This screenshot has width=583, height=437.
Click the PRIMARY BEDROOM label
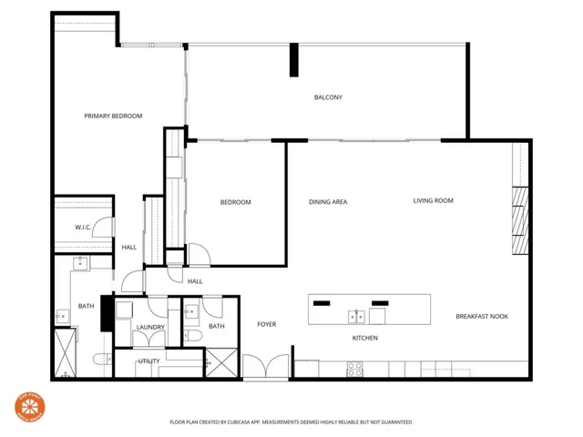113,116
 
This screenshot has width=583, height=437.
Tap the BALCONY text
328,97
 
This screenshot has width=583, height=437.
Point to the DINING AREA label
328,201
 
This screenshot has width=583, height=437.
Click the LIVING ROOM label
433,200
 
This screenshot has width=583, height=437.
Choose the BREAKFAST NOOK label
482,316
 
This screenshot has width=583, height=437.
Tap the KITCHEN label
365,338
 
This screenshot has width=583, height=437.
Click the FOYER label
266,324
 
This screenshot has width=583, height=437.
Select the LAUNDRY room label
149,327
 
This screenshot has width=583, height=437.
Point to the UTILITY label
149,361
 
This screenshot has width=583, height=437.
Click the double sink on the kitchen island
355,316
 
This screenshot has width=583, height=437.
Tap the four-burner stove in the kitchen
354,369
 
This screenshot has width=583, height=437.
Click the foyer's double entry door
264,367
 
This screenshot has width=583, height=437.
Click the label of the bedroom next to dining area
235,202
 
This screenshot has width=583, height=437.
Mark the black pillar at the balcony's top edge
293,60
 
